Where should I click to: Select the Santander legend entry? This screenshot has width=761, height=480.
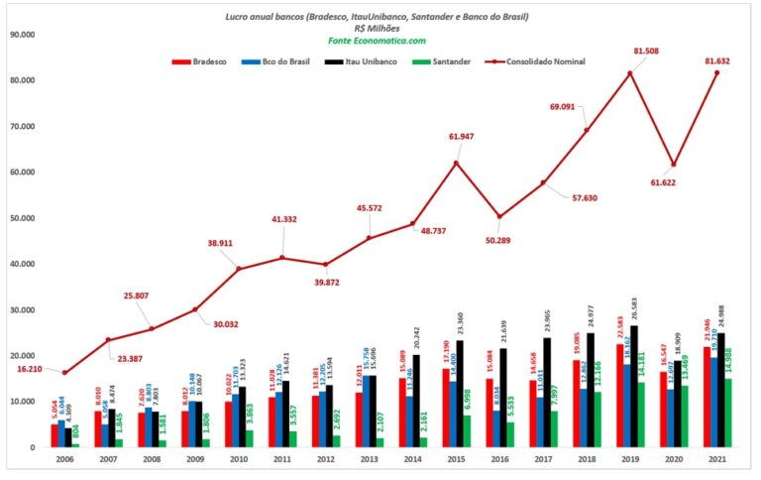point(450,61)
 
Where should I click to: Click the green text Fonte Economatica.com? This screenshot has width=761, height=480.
point(377,41)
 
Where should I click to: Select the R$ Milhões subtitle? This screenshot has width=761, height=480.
point(377,29)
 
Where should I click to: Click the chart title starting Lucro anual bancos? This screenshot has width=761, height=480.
point(377,16)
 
